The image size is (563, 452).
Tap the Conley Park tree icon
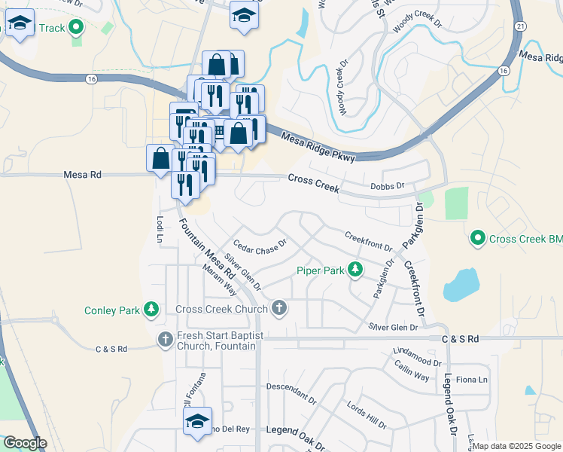(x=152, y=310)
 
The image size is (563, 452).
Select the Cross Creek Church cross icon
(x=279, y=308)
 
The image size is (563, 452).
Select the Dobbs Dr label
(x=388, y=186)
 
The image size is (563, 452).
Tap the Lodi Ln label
(x=160, y=230)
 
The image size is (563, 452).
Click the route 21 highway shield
(x=520, y=26)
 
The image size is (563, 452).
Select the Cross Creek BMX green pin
(x=476, y=239)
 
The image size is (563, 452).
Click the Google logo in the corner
(x=25, y=443)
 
